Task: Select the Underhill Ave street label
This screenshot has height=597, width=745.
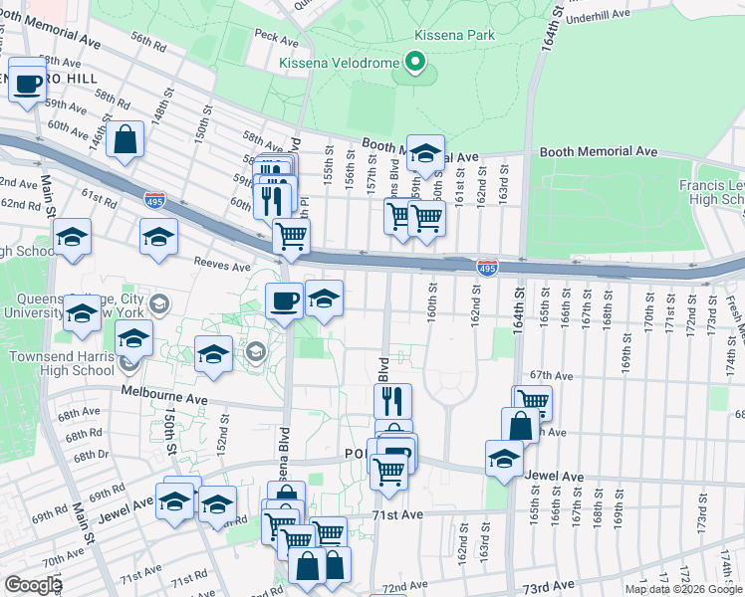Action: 598,16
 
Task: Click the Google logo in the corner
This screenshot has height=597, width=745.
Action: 33,585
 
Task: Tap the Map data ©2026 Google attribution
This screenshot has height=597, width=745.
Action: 683,589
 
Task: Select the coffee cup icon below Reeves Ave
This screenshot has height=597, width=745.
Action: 284,300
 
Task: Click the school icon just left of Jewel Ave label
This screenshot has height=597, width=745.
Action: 505,460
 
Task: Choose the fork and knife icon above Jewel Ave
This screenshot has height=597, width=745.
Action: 393,402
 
